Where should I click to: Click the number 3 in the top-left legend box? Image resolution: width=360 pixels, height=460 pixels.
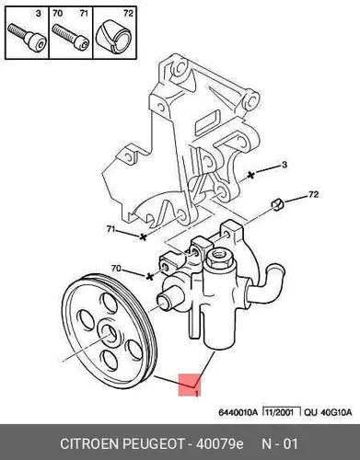coord(38,14)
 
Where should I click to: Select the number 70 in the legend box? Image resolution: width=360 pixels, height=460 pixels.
coord(57,13)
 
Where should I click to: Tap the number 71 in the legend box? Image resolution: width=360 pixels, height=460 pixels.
coord(84,13)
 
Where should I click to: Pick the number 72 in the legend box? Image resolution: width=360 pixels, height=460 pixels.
coord(128,13)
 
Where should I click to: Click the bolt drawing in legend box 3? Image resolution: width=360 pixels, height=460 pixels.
coord(27,38)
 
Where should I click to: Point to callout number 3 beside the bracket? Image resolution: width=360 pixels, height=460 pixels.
coord(285,165)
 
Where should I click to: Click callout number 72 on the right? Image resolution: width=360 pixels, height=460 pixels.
coord(313,194)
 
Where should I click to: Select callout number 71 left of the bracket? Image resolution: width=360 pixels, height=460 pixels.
coord(111,229)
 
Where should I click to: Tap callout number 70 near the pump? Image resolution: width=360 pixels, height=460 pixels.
coord(116,269)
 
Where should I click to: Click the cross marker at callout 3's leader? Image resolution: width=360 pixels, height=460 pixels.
coord(251,175)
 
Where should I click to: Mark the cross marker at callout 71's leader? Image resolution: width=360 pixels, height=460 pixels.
coord(143,236)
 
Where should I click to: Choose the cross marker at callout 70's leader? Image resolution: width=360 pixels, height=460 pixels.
coord(150,277)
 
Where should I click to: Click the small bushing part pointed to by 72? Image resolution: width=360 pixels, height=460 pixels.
coord(278,204)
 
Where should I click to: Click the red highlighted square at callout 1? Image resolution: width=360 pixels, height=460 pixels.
coord(190,385)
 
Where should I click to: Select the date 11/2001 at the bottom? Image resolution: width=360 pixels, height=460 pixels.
coord(280,412)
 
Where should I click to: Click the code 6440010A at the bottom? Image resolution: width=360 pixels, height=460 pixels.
coord(238,412)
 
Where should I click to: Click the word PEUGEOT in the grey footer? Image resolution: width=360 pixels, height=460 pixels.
coord(154,444)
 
